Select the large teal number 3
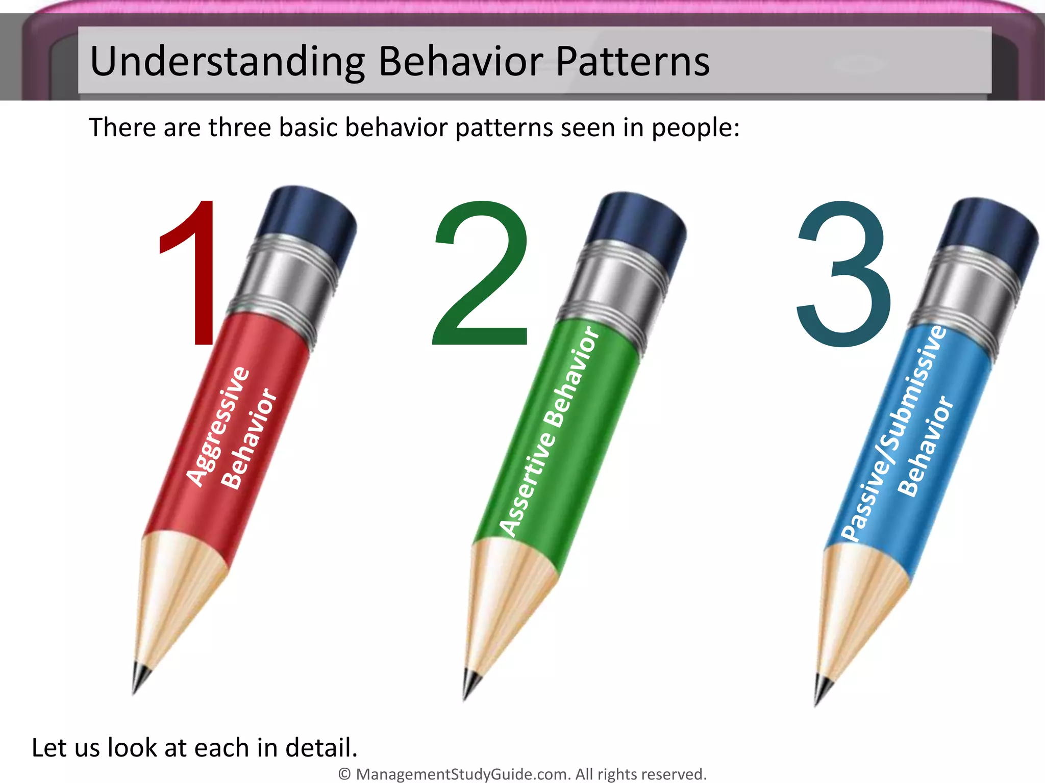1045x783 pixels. point(844,275)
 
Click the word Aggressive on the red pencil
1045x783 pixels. point(218,426)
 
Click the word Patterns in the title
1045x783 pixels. point(633,62)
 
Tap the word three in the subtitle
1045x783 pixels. point(239,127)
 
